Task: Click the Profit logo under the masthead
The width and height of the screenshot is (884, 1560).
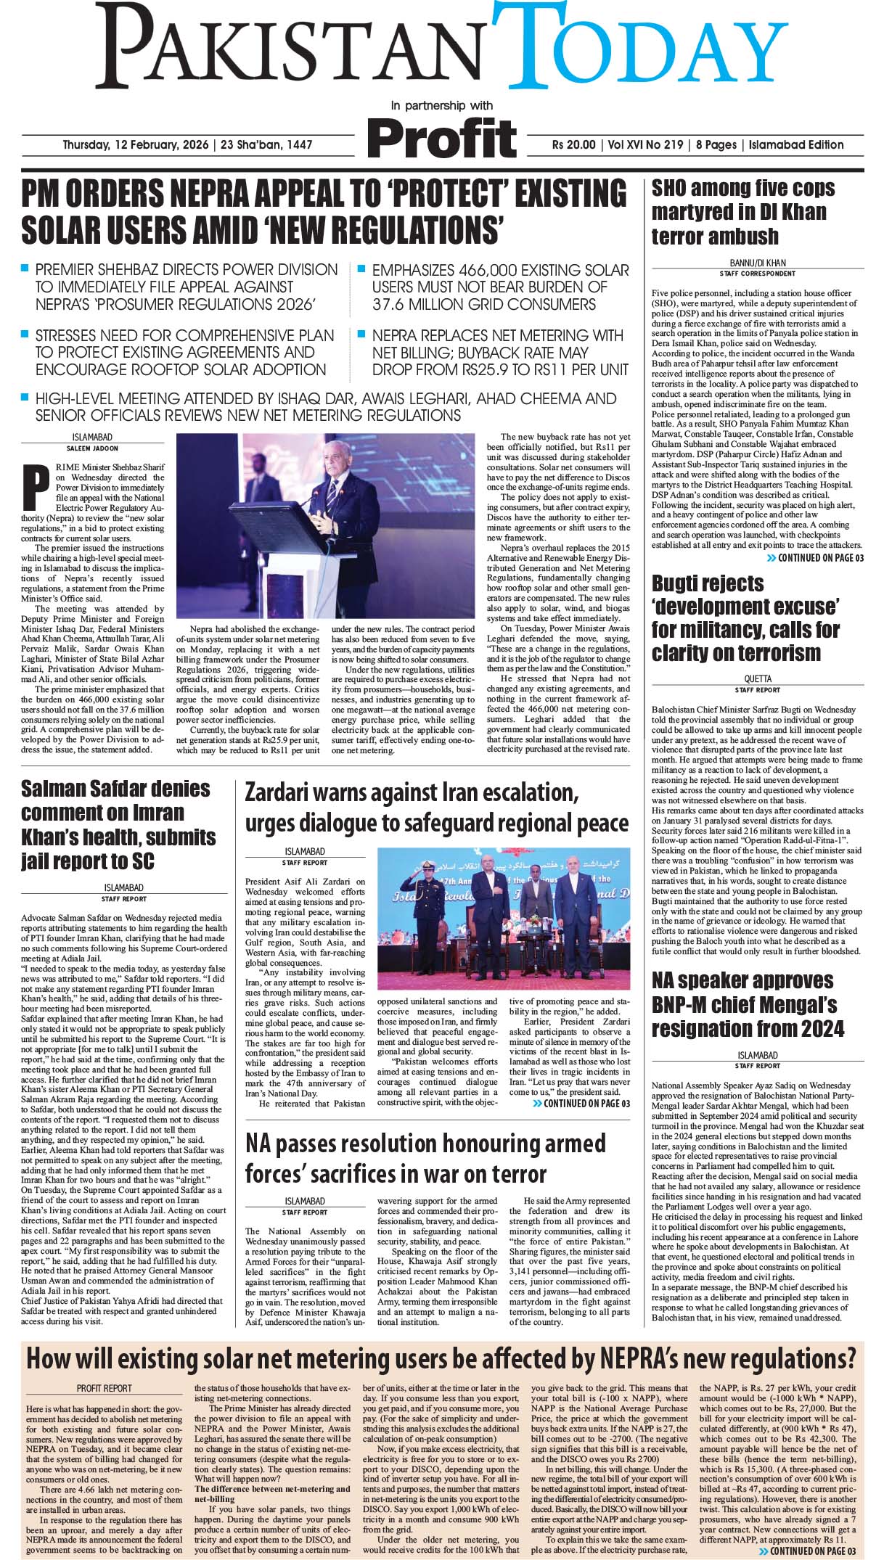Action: coord(442,136)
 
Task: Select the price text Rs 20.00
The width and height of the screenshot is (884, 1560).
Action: coord(573,144)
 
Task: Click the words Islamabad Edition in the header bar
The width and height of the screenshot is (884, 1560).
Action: coord(796,144)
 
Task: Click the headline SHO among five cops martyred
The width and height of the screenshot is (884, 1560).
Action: coord(742,212)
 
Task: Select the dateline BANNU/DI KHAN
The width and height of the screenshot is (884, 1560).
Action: coord(757,263)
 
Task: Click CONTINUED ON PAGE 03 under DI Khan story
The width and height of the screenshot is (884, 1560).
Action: coord(815,558)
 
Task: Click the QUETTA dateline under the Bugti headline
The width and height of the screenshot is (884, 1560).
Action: coord(757,679)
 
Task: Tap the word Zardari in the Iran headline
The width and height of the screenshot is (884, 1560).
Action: coord(282,792)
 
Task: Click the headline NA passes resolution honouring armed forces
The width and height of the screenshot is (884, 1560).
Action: coord(425,1159)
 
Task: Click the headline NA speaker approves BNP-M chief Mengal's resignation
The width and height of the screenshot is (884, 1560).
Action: coord(748,1004)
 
